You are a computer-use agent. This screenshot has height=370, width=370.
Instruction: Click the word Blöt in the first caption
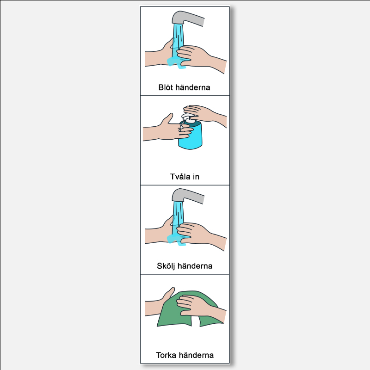pyautogui.click(x=166, y=87)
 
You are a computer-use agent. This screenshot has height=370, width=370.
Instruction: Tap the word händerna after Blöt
pyautogui.click(x=192, y=87)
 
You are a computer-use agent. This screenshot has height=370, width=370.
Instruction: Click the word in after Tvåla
pyautogui.click(x=196, y=177)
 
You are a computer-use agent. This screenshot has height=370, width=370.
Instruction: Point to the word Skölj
pyautogui.click(x=166, y=266)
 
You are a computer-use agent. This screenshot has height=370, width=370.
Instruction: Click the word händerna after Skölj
pyautogui.click(x=195, y=266)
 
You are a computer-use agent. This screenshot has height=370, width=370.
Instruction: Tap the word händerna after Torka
pyautogui.click(x=196, y=355)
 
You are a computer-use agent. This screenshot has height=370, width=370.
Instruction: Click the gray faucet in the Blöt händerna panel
pyautogui.click(x=188, y=18)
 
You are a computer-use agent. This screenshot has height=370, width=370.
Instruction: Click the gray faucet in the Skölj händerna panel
pyautogui.click(x=188, y=196)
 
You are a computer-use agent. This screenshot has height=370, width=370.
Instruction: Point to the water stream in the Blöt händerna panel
pyautogui.click(x=178, y=43)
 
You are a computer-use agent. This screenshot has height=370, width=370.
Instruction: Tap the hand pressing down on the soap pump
pyautogui.click(x=204, y=114)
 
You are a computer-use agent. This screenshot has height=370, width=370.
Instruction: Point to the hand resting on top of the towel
pyautogui.click(x=201, y=307)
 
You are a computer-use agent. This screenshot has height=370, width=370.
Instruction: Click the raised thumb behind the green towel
pyautogui.click(x=169, y=293)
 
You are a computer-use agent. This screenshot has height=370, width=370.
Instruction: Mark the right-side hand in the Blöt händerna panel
pyautogui.click(x=201, y=58)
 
